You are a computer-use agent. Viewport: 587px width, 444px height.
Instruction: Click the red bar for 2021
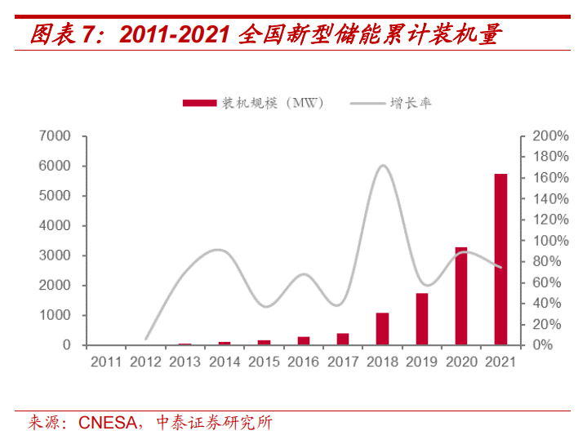coord(500,259)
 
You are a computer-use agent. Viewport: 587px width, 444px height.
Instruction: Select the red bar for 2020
coord(461,295)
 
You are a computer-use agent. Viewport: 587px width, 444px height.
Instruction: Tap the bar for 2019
coord(422,318)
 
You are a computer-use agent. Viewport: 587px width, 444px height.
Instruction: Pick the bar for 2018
coord(382,328)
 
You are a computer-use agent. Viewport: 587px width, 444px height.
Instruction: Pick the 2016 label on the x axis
coord(303,362)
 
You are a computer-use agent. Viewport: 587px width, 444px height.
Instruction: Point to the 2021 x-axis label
coord(500,362)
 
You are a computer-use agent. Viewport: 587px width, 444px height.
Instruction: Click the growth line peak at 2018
coord(383,166)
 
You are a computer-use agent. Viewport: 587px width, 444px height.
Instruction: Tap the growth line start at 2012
coord(146,338)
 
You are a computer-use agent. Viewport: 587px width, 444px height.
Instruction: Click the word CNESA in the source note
coord(104,423)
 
